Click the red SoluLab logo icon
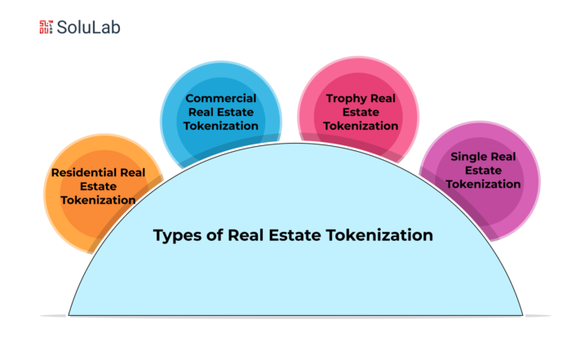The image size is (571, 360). (46, 27)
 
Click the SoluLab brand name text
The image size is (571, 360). (88, 27)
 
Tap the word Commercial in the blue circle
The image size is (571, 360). (221, 98)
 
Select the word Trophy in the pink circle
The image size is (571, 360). (346, 99)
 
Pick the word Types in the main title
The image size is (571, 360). (178, 235)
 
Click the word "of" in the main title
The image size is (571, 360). (215, 235)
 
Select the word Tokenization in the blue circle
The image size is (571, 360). (221, 126)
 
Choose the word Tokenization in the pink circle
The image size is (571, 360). (361, 126)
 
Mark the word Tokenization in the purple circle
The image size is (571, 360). (483, 184)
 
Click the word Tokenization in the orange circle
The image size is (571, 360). (99, 200)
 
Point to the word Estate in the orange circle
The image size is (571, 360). (99, 186)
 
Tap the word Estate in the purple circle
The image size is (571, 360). (483, 170)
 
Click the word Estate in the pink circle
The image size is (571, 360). (361, 112)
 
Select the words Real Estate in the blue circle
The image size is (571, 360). (221, 112)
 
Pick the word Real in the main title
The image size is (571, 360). (246, 235)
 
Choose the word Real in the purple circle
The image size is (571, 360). (505, 156)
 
